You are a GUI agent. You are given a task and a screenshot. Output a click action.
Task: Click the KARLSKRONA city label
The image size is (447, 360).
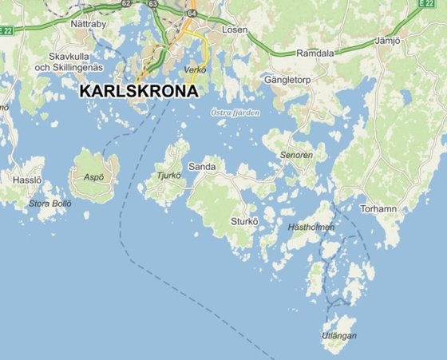click(x=139, y=91)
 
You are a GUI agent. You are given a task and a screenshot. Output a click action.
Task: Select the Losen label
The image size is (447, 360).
click(x=235, y=30)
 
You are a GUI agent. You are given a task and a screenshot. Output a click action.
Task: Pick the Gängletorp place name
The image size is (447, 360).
click(x=291, y=81)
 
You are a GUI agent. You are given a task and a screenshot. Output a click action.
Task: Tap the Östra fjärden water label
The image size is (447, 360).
click(x=235, y=113)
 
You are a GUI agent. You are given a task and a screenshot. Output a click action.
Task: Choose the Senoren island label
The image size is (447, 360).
click(x=297, y=154)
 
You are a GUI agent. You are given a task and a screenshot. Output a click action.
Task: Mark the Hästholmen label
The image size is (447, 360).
click(x=311, y=227)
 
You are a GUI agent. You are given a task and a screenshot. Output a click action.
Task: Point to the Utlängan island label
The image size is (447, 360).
click(x=339, y=335)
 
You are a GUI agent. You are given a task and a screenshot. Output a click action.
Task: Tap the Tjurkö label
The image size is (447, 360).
click(x=170, y=176)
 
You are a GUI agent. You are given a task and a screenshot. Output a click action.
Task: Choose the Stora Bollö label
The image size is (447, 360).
click(x=50, y=204)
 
